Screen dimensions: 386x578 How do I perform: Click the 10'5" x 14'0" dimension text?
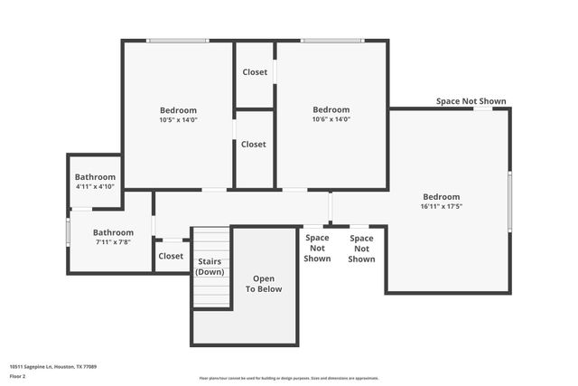(178, 119)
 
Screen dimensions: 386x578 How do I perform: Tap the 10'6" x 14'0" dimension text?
(331, 119)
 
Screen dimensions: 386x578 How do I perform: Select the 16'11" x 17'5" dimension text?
(442, 206)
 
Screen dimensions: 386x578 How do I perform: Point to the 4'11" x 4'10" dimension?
(95, 186)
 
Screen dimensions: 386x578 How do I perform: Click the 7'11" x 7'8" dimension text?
(113, 242)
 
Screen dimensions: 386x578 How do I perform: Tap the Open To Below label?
(264, 284)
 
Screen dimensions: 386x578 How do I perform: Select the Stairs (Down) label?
(210, 267)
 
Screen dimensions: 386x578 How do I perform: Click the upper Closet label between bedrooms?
(255, 72)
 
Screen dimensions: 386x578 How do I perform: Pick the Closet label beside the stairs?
(171, 256)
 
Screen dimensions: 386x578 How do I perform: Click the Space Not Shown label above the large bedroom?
(471, 101)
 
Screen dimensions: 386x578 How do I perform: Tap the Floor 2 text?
(18, 375)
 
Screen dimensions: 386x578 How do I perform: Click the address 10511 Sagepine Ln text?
(53, 366)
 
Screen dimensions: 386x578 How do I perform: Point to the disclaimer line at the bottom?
(289, 378)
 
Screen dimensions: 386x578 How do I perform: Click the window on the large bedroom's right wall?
(509, 201)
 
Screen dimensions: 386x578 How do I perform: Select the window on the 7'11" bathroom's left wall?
(68, 231)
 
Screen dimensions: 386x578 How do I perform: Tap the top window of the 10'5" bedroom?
(178, 41)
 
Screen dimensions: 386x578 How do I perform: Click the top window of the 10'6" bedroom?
(332, 41)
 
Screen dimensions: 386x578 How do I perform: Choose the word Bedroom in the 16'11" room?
(442, 197)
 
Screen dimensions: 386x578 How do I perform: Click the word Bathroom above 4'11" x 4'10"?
(95, 177)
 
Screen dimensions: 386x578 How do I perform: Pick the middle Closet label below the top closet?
(254, 144)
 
